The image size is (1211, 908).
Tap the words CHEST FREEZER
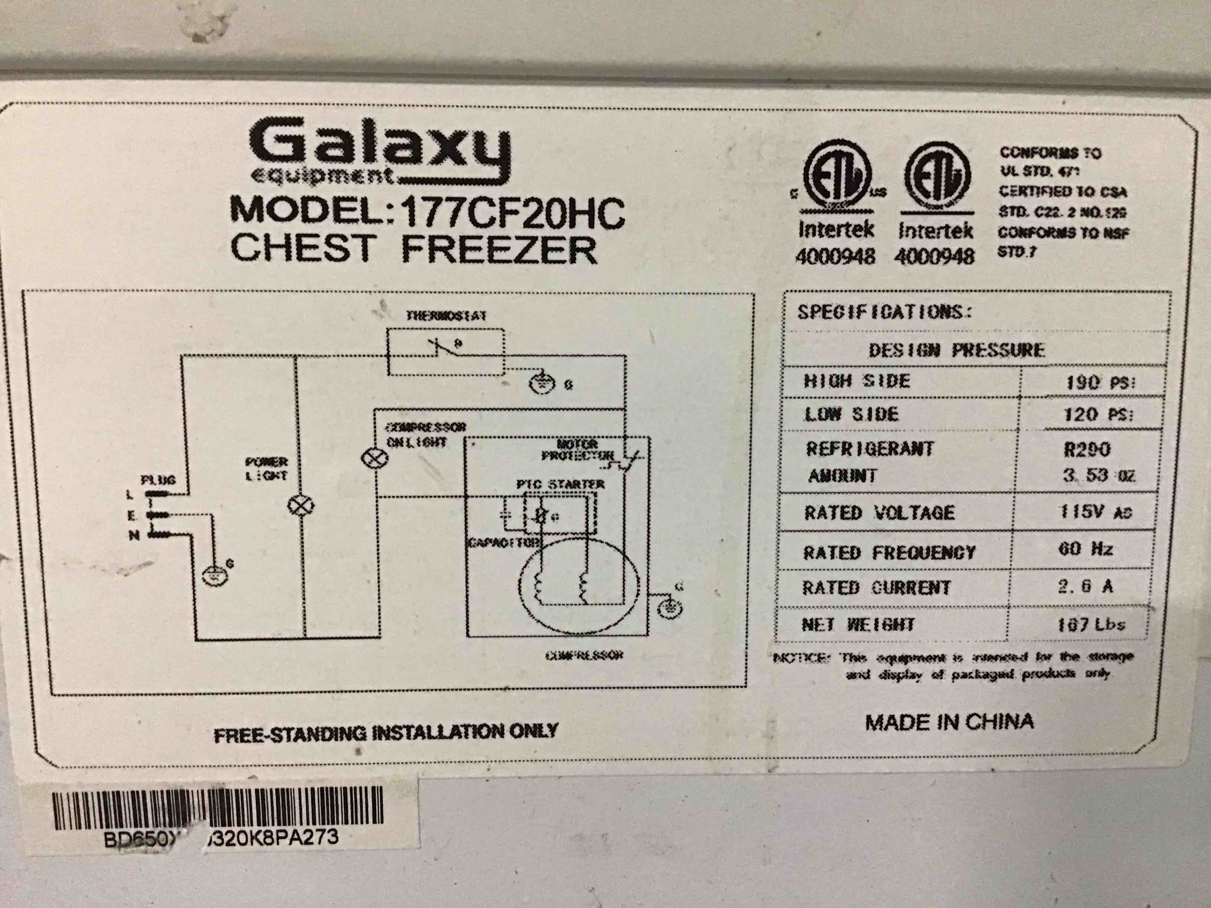[x=413, y=249]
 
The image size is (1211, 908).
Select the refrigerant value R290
[x=1087, y=449]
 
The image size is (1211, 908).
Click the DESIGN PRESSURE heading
[x=956, y=350]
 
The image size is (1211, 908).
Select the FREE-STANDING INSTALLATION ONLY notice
[x=385, y=732]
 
